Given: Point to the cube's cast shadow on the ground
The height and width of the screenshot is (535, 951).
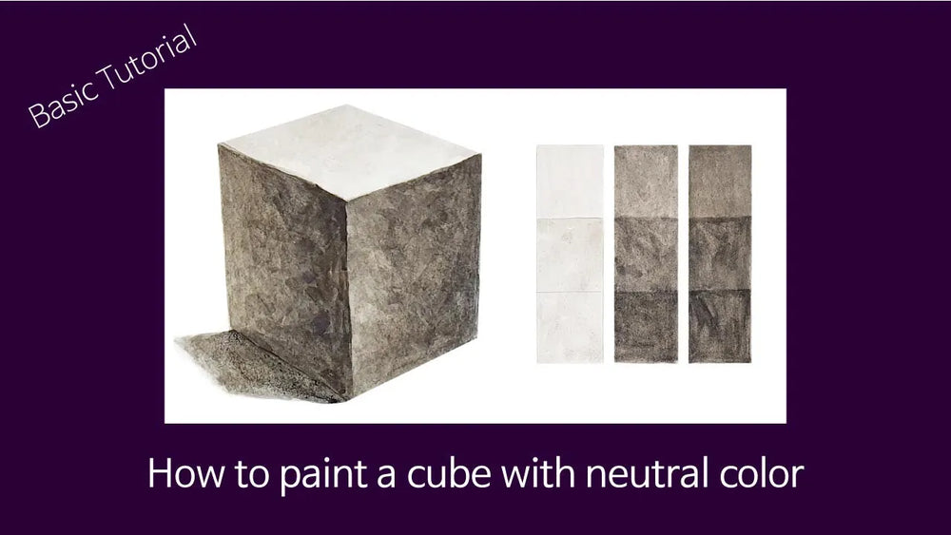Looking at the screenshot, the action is (255, 365).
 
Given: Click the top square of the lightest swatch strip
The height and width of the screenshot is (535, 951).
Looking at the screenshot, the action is (570, 182).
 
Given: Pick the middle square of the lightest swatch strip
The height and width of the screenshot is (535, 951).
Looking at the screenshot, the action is (570, 255).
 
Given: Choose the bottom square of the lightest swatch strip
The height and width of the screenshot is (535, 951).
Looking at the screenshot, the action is (570, 327).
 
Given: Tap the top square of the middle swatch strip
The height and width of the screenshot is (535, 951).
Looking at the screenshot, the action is (646, 182).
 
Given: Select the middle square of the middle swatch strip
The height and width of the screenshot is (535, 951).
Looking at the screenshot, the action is (646, 254).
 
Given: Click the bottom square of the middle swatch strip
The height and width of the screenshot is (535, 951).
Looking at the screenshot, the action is (646, 327).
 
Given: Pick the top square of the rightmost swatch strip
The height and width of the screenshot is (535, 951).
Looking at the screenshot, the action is (720, 181).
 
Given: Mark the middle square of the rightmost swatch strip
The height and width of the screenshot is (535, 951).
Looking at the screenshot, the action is (720, 254).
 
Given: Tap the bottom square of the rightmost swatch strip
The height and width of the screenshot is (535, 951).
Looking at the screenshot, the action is (720, 327).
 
